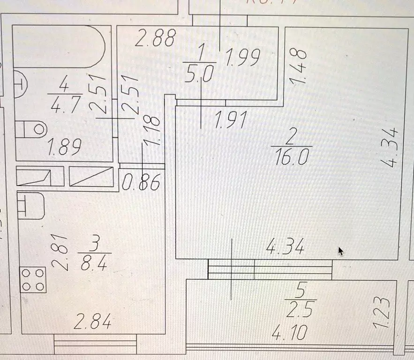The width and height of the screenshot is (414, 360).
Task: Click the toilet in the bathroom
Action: [32, 128]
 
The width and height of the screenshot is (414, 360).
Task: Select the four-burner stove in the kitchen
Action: [33, 279]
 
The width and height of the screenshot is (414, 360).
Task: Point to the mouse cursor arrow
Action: [341, 251]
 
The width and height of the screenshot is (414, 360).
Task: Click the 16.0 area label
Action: [289, 157]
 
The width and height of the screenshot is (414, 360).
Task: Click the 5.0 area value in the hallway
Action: [199, 74]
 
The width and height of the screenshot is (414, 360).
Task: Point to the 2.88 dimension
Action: [155, 38]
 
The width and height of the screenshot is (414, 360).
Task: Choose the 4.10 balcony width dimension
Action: [290, 334]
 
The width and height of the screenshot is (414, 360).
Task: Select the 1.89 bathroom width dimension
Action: [65, 147]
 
